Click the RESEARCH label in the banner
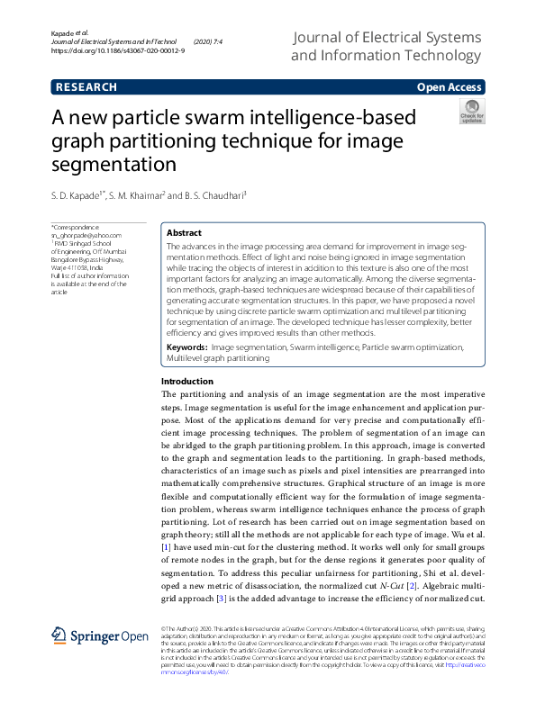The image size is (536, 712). pyautogui.click(x=86, y=87)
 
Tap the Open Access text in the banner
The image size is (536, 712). pyautogui.click(x=449, y=87)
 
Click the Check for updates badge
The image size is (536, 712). pyautogui.click(x=472, y=113)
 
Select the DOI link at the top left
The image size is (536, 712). pyautogui.click(x=118, y=51)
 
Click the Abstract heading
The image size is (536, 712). pyautogui.click(x=185, y=232)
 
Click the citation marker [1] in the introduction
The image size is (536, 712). pyautogui.click(x=166, y=546)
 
